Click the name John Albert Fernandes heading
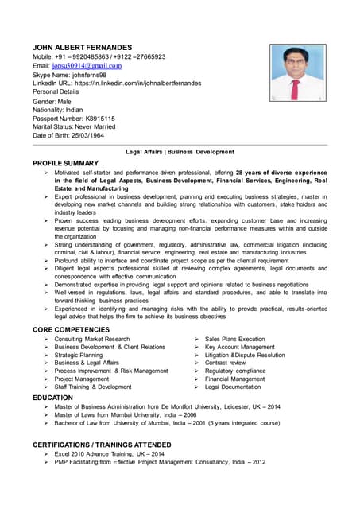click(x=82, y=47)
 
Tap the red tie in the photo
click(x=296, y=86)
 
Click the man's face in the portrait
click(x=296, y=62)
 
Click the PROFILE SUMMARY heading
click(x=65, y=163)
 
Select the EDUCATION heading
click(x=52, y=397)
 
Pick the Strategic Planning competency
click(x=79, y=355)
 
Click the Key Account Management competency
click(x=239, y=347)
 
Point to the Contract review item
click(x=225, y=363)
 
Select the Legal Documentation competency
click(x=232, y=387)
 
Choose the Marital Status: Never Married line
click(x=74, y=126)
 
